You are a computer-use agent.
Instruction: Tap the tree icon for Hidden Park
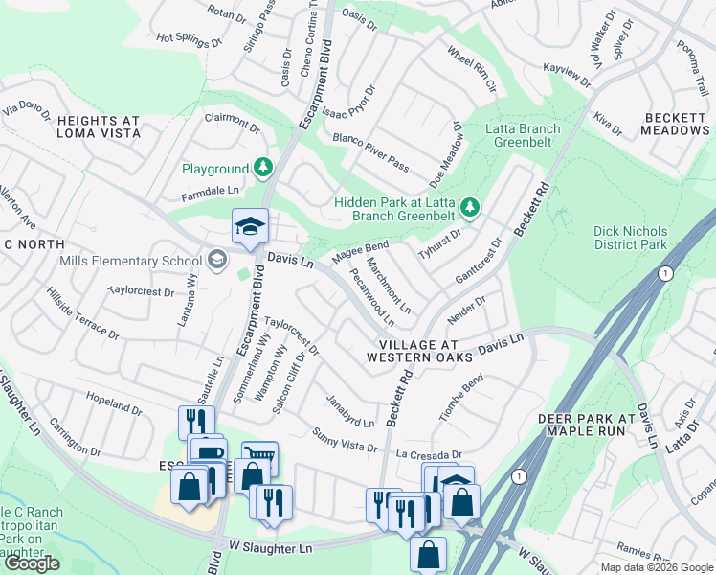[469, 207]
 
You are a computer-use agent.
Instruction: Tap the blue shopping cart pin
[259, 457]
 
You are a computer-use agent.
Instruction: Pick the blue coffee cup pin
[208, 453]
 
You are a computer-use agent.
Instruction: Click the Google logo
[32, 563]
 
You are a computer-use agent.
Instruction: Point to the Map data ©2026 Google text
[656, 567]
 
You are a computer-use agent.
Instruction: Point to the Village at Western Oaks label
[420, 350]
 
